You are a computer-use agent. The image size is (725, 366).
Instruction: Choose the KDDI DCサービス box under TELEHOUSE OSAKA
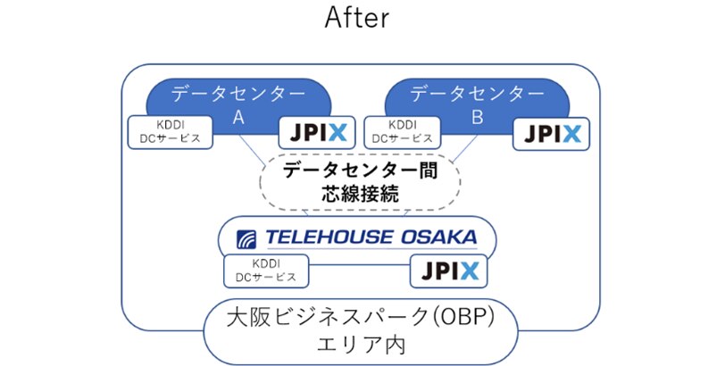tap(266, 270)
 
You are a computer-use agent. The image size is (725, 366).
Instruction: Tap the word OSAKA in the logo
tap(443, 237)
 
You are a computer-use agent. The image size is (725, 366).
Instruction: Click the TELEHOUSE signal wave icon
tap(247, 238)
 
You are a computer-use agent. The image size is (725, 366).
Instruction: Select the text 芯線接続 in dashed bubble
tap(361, 193)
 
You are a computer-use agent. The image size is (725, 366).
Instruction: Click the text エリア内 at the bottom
tap(362, 346)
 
